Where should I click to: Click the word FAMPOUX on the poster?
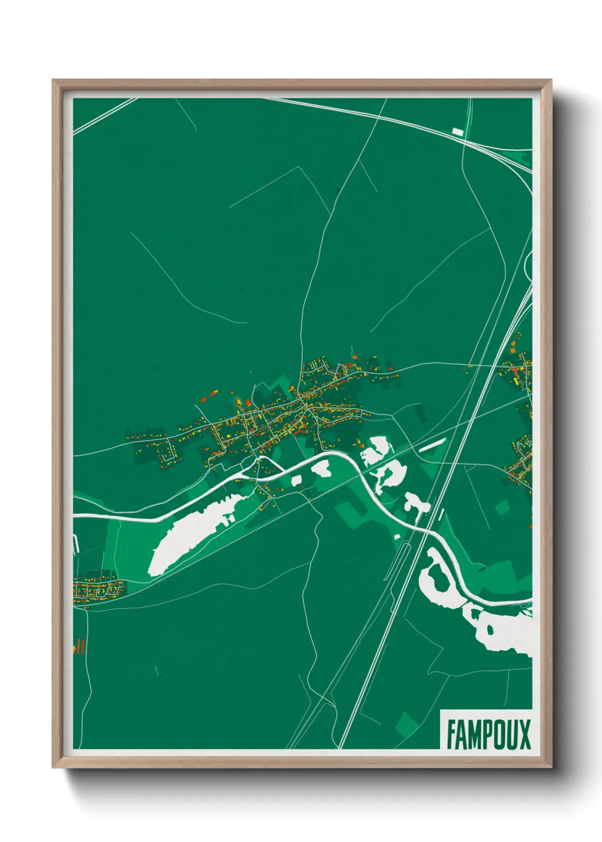(488, 734)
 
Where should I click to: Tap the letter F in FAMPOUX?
(451, 734)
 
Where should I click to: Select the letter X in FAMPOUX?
(524, 734)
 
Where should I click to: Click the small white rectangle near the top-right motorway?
(457, 132)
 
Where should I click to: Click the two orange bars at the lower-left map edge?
(80, 646)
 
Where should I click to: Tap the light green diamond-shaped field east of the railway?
(502, 507)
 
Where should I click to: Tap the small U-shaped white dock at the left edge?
(75, 544)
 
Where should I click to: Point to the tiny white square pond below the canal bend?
(397, 536)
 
